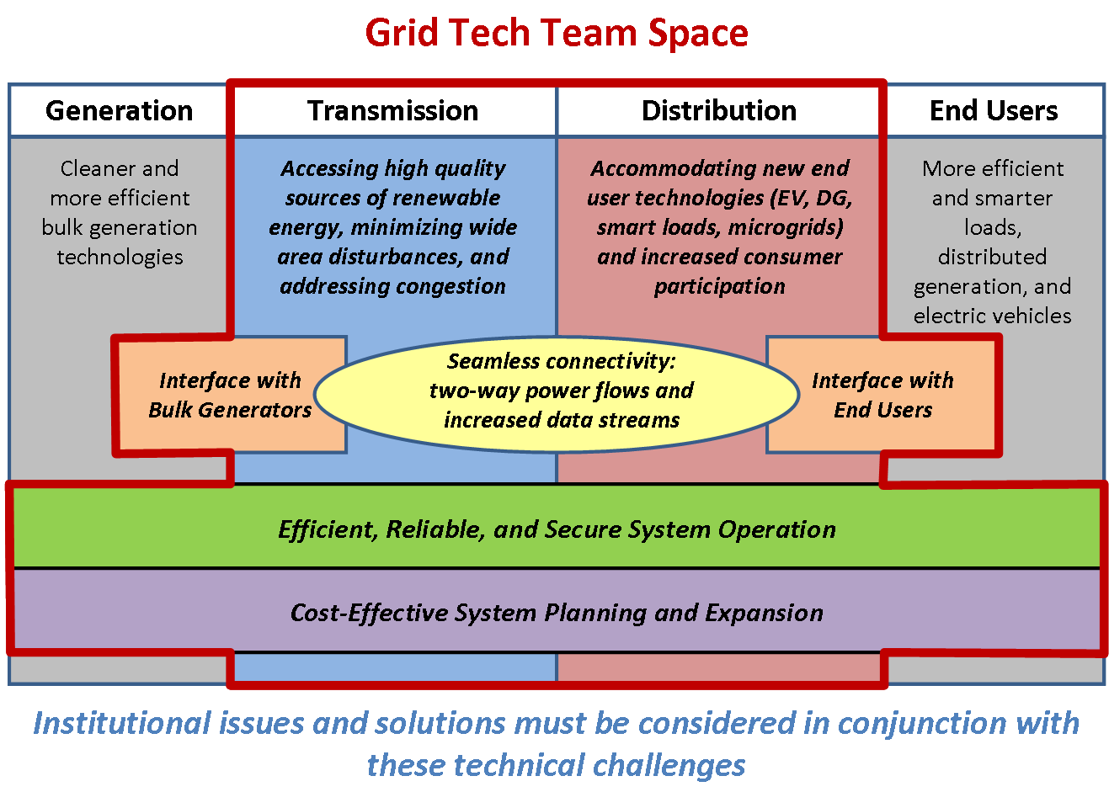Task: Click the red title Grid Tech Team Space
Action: click(557, 33)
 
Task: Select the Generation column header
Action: click(119, 110)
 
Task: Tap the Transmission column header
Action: click(393, 110)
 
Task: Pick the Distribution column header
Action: click(719, 110)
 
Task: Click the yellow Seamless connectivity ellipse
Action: click(557, 394)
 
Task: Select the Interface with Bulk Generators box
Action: click(230, 395)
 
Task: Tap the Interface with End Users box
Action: click(882, 395)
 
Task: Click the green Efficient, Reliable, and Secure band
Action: click(557, 528)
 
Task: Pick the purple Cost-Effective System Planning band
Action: click(557, 611)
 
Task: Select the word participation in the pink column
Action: click(720, 287)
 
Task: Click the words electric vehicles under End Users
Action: click(992, 316)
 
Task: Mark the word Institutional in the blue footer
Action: click(122, 723)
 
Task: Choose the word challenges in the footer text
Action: click(669, 766)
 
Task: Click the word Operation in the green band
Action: click(776, 529)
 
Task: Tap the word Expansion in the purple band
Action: click(764, 613)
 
